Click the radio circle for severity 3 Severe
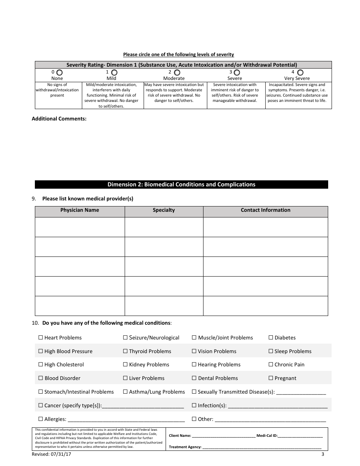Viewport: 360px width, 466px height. pos(237,72)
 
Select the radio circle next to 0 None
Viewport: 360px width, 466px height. pos(59,72)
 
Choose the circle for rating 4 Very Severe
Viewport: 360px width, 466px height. pos(300,72)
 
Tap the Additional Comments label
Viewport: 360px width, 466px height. pos(59,119)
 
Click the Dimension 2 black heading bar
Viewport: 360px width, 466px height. pos(181,185)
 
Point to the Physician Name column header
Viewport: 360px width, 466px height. pos(80,210)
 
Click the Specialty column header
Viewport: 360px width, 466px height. pos(164,210)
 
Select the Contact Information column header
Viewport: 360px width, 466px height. pos(265,210)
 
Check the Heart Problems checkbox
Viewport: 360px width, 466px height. pos(41,338)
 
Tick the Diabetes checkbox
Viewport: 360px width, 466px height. pos(271,338)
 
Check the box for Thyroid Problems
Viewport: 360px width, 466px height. pos(125,351)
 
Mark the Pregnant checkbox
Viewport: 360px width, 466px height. pos(271,378)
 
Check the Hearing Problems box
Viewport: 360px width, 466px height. pos(194,364)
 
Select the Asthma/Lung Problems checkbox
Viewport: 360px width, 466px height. pos(125,392)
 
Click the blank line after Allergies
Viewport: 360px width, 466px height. pos(126,420)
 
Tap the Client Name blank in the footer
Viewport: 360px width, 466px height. pos(224,436)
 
